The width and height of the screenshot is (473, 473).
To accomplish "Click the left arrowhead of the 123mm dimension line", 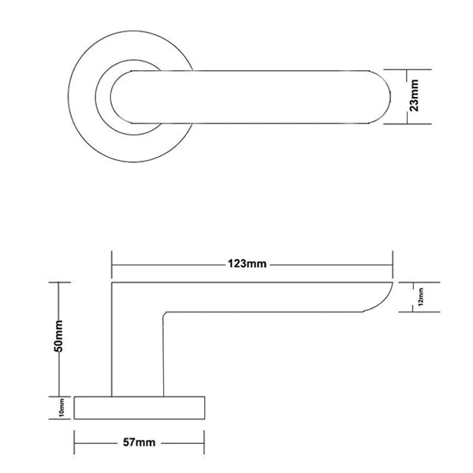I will pos(115,263).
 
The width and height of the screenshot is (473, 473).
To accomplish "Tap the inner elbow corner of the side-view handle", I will pos(166,314).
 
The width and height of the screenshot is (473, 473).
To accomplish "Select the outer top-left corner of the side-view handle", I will pos(113,281).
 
